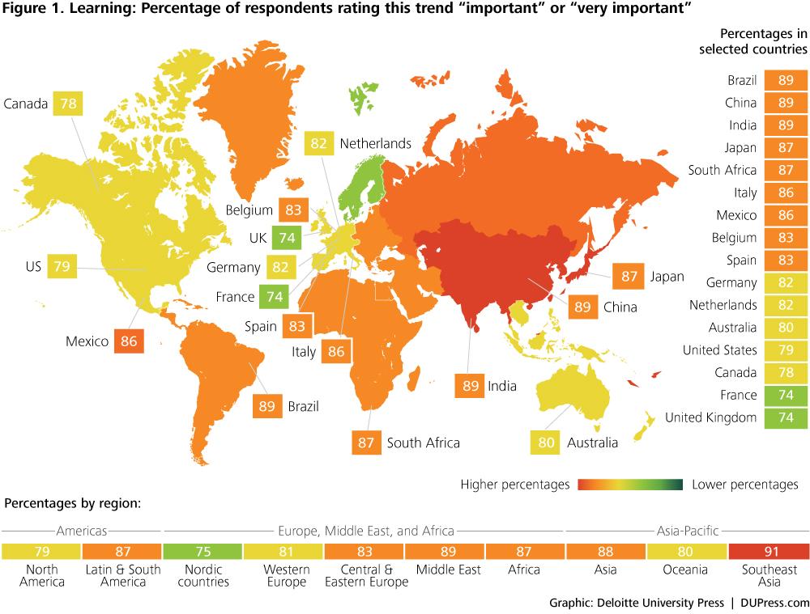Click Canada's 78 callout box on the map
(68, 104)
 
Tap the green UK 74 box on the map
(287, 237)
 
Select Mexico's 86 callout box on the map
(129, 341)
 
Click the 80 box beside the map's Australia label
(545, 443)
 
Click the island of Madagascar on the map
(413, 380)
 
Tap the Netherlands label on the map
(376, 143)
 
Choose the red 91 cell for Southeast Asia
(769, 552)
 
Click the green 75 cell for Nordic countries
(203, 552)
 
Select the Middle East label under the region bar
(449, 570)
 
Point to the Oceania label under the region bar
(685, 570)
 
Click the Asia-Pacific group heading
(688, 531)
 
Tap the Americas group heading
(82, 531)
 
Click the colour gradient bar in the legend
(630, 485)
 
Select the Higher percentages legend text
(515, 485)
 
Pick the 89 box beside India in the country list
(786, 125)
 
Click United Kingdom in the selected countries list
(711, 417)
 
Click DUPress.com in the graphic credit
(775, 603)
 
